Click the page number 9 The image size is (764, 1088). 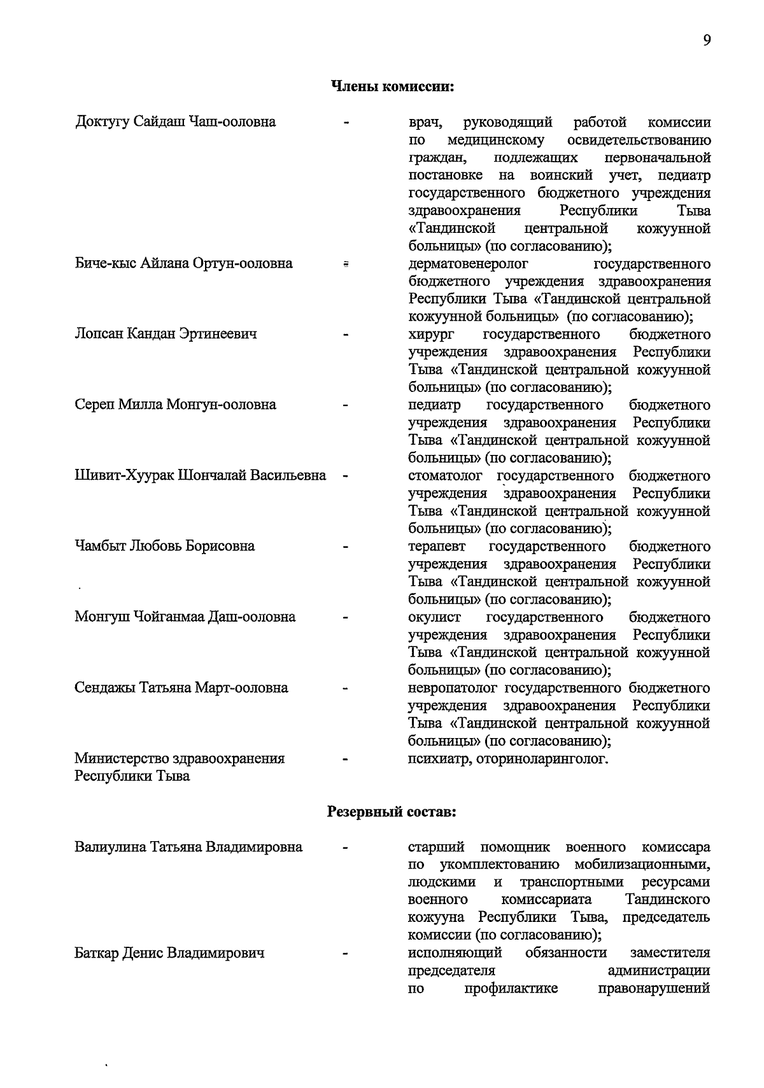(707, 40)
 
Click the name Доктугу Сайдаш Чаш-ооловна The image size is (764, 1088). (175, 122)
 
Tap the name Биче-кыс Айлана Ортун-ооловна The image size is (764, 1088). (183, 263)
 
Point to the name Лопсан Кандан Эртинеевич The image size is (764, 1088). (166, 334)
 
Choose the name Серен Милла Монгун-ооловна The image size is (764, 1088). (175, 405)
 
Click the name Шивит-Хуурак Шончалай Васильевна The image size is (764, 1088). (200, 475)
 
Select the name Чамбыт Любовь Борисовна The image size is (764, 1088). (164, 546)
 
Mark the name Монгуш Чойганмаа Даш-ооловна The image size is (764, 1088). (185, 617)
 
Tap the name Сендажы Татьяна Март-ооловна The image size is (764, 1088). (181, 688)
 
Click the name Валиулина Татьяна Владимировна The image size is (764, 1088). (188, 847)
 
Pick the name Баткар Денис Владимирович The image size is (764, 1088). (169, 953)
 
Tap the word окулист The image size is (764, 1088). (434, 617)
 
